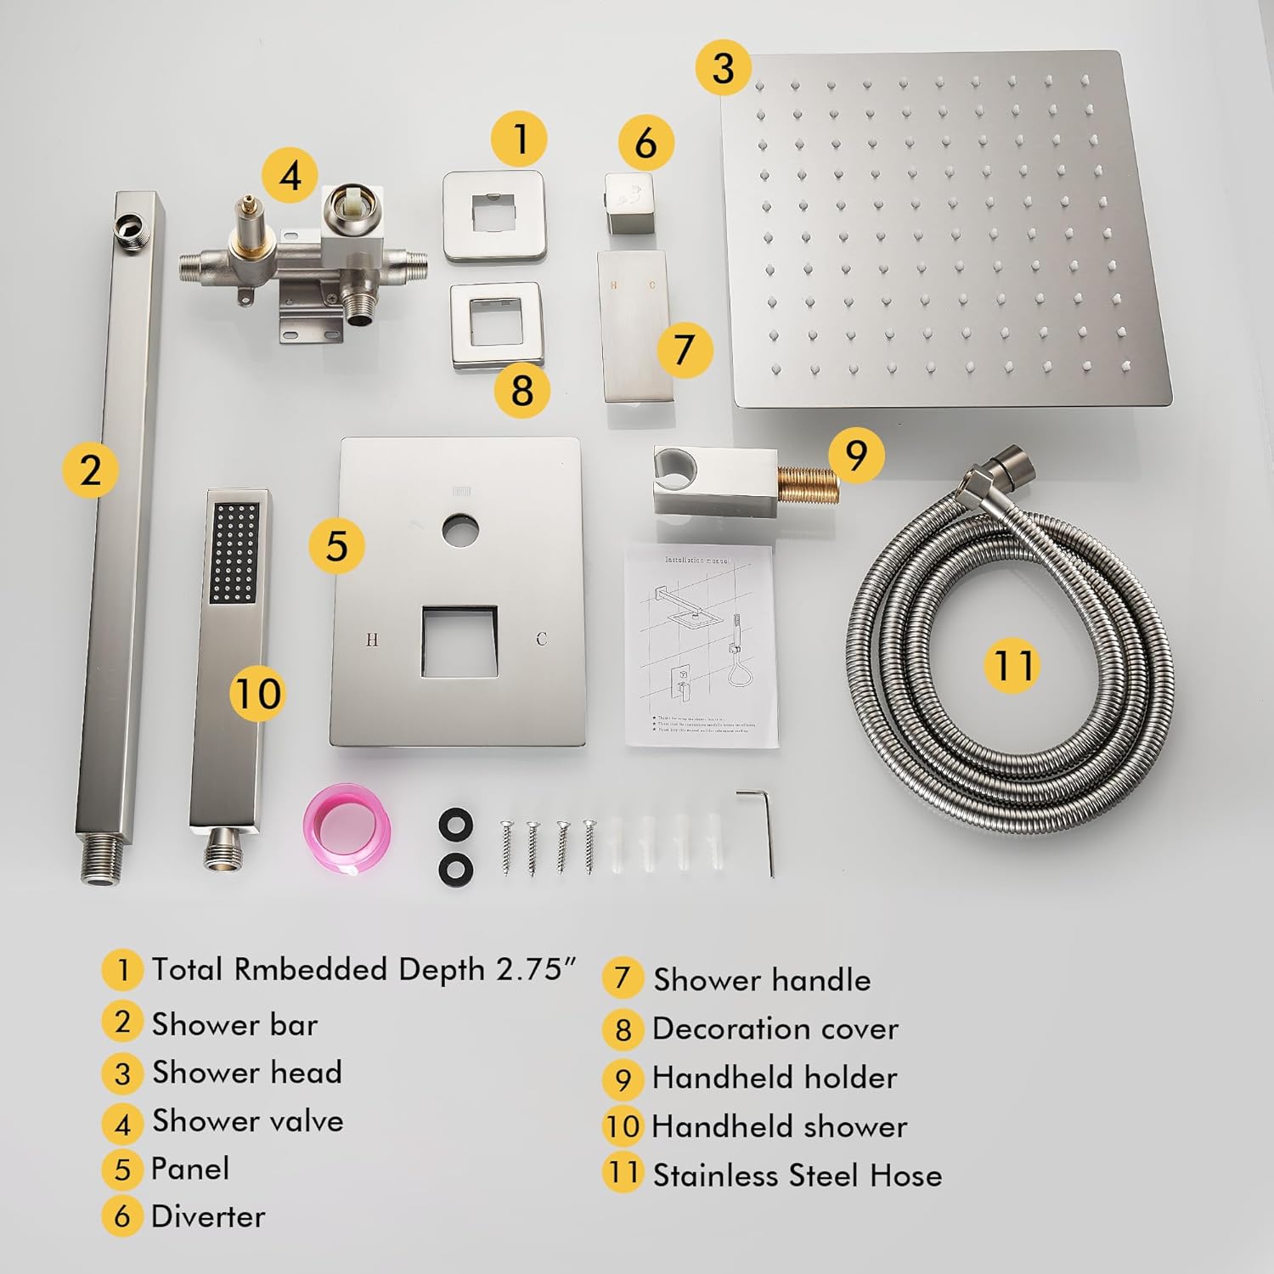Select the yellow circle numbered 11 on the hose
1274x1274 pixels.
pos(1012,664)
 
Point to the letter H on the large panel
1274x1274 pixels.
pos(371,640)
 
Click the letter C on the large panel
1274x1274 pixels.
pos(542,640)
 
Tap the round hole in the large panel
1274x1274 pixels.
pos(459,530)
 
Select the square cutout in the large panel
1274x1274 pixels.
pos(459,641)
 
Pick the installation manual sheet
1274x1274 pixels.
pos(701,645)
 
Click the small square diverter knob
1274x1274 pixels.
pos(630,200)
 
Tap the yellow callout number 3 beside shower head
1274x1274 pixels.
pos(723,67)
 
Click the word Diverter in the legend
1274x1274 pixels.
pos(208,1216)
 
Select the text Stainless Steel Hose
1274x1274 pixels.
pos(797,1175)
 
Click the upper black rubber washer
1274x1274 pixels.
pos(456,824)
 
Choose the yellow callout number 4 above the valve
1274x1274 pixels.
pos(290,176)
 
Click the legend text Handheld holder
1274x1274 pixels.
pos(774,1078)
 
